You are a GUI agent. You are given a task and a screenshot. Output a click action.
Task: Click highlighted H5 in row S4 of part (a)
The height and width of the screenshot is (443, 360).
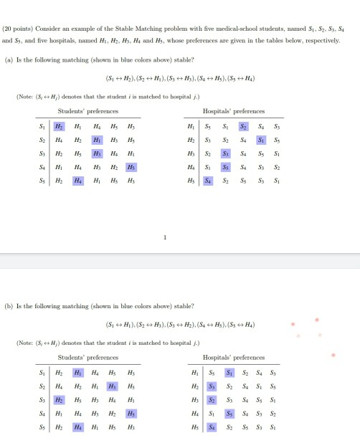[130, 168]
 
